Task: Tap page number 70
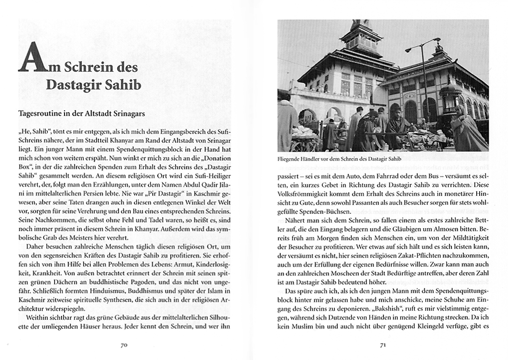[125, 345]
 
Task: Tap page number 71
[383, 345]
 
